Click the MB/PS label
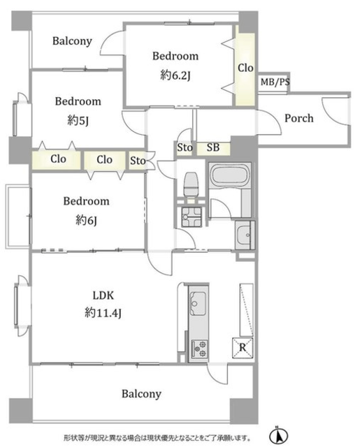tap(275, 82)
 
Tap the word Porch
tap(299, 118)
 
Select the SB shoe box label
tap(213, 147)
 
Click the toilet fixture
tap(191, 184)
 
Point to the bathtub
tap(230, 176)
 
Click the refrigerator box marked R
tap(243, 347)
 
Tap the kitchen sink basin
tap(198, 303)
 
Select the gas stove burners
tap(199, 349)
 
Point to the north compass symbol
tap(278, 436)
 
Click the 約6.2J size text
tap(175, 75)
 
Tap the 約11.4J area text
tap(103, 314)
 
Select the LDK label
tap(103, 295)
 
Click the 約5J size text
tap(78, 121)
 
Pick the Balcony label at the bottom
tap(141, 394)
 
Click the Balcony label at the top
tap(72, 41)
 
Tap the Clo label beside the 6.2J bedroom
tap(245, 68)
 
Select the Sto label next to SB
tap(185, 147)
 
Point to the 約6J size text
tap(86, 220)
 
